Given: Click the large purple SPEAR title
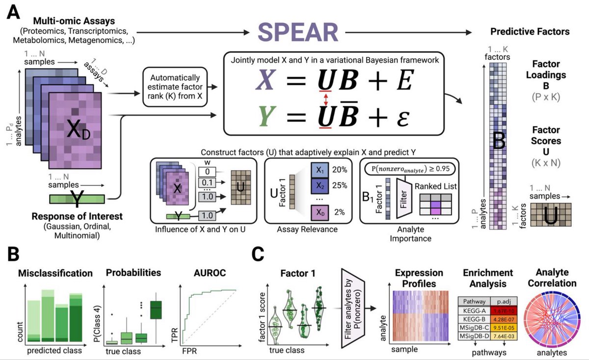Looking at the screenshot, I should point(298,33).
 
